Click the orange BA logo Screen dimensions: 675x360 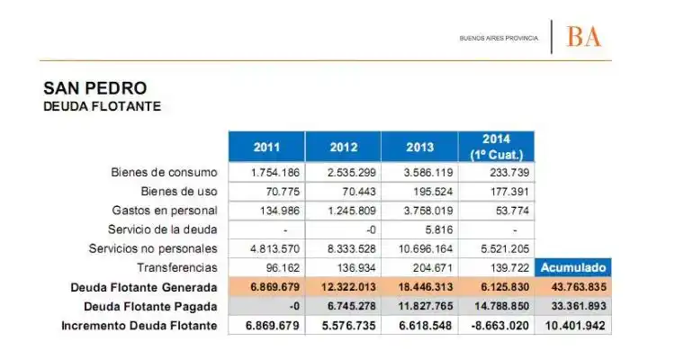click(584, 37)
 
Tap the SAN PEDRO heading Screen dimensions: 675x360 click(95, 88)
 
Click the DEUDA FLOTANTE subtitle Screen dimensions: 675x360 click(102, 106)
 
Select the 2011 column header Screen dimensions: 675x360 click(266, 148)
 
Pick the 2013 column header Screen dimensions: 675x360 click(419, 148)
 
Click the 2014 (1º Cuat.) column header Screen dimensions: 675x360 click(496, 148)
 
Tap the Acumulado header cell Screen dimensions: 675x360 click(573, 267)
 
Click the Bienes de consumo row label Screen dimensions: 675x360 click(164, 172)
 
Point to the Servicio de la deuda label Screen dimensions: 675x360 click(162, 229)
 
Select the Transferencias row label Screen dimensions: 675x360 click(177, 267)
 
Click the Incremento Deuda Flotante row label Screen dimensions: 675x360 click(139, 326)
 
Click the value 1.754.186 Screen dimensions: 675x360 click(275, 173)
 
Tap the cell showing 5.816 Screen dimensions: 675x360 click(438, 230)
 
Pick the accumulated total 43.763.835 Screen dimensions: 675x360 click(579, 287)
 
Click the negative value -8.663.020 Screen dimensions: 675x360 click(499, 326)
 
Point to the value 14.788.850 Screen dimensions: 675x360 click(502, 306)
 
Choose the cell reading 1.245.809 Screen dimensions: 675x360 click(352, 211)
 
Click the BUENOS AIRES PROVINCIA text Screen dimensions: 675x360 click(499, 39)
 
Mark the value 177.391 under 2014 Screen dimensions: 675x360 click(509, 192)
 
